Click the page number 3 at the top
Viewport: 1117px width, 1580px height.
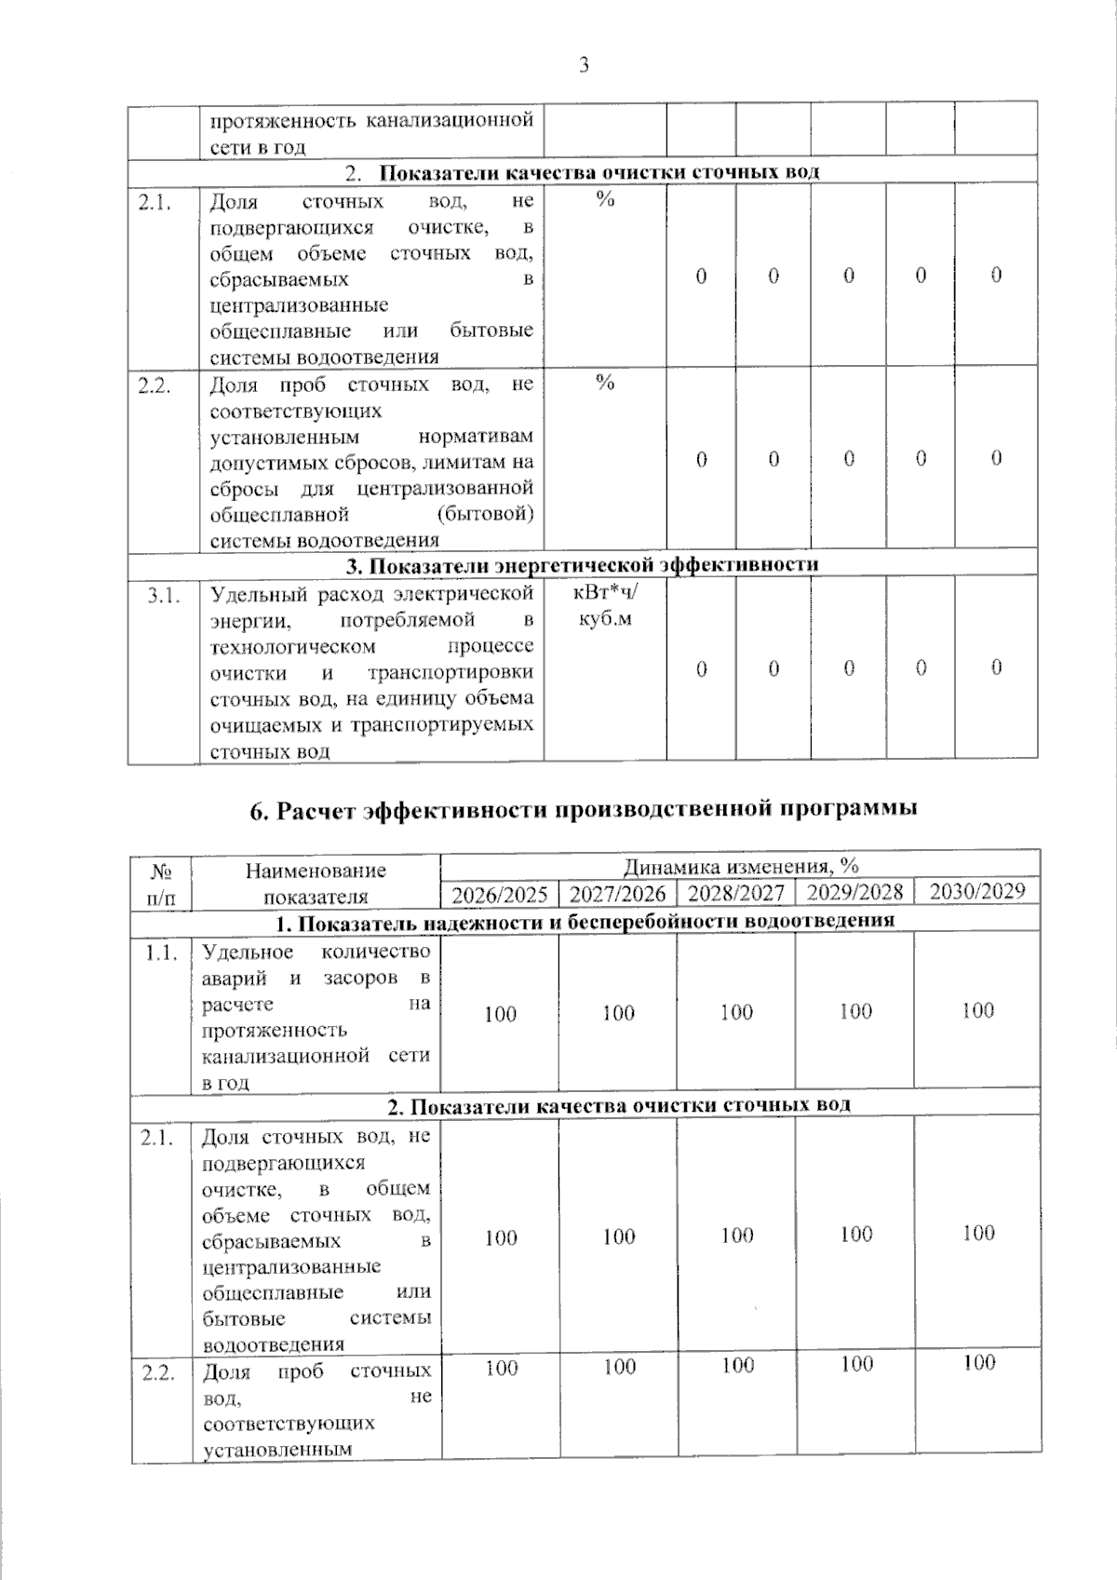pyautogui.click(x=584, y=64)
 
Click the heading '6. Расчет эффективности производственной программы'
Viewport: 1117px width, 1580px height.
pyautogui.click(x=584, y=808)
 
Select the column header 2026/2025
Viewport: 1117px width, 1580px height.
pyautogui.click(x=500, y=895)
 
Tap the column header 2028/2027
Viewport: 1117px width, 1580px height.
pyautogui.click(x=736, y=894)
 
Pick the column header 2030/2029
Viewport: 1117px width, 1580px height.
pyautogui.click(x=977, y=891)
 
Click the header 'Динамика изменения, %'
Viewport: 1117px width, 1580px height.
pyautogui.click(x=740, y=866)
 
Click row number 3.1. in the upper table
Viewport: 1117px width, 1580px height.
pyautogui.click(x=163, y=595)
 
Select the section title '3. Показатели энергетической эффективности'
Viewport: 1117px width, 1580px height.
pyautogui.click(x=582, y=564)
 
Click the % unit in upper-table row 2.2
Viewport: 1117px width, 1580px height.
pyautogui.click(x=605, y=383)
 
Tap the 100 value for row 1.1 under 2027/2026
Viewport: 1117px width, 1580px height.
pyautogui.click(x=618, y=1013)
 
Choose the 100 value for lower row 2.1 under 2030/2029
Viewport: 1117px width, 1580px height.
pyautogui.click(x=978, y=1234)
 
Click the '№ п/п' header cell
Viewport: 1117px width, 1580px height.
pyautogui.click(x=162, y=884)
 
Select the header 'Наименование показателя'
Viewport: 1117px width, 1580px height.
pyautogui.click(x=316, y=884)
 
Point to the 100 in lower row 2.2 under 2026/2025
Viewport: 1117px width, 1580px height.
pyautogui.click(x=501, y=1369)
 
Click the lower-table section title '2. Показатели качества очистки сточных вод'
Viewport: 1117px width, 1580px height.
pyautogui.click(x=619, y=1105)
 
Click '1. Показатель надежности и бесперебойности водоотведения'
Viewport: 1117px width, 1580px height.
pyautogui.click(x=585, y=922)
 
